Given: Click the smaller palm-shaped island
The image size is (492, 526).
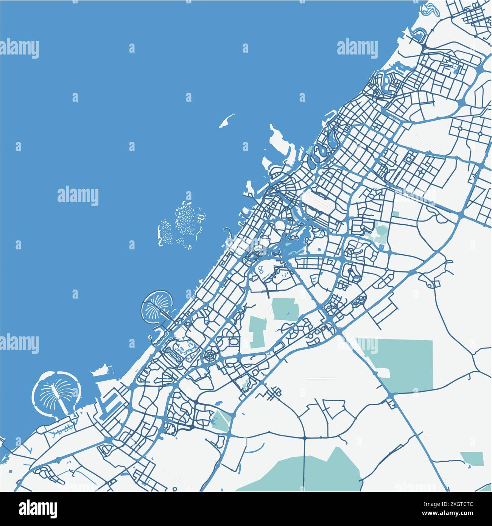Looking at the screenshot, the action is [x=156, y=304].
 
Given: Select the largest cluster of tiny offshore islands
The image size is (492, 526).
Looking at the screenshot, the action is [x=188, y=221].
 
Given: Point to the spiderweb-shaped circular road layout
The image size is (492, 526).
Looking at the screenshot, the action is [x=209, y=356].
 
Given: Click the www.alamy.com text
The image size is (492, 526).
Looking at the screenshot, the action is [x=455, y=514].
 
